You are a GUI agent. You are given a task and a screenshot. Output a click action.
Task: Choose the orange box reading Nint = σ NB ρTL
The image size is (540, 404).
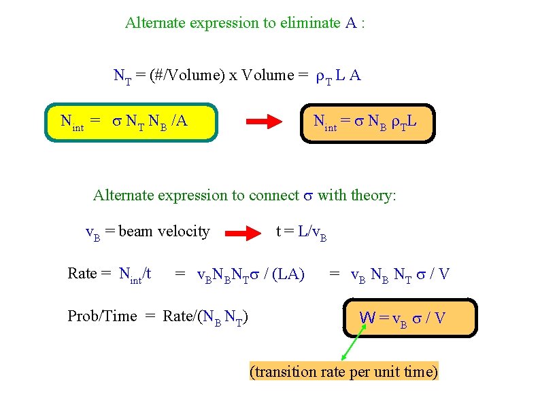(x=367, y=122)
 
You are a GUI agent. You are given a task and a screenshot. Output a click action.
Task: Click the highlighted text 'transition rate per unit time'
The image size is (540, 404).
(x=344, y=371)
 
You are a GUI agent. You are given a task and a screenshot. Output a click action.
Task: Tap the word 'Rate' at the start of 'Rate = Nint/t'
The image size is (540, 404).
(x=82, y=274)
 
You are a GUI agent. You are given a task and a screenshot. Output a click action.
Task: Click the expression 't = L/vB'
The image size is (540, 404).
(x=301, y=232)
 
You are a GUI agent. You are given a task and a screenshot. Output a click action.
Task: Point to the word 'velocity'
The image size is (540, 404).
(x=184, y=232)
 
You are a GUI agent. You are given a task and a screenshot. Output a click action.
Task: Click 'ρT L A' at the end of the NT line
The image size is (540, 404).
(x=338, y=75)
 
